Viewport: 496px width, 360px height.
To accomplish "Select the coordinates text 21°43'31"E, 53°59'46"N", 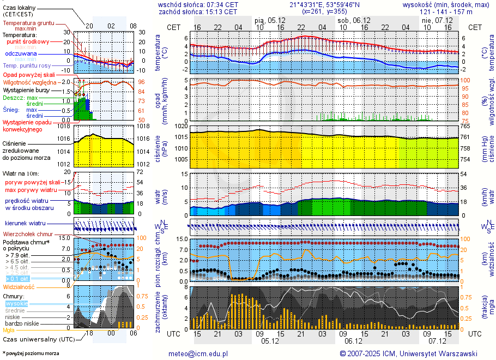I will (x=324, y=4).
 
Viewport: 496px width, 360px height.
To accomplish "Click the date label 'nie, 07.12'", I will (x=434, y=20).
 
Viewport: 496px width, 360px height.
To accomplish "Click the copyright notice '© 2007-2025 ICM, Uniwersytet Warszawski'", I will (x=408, y=353).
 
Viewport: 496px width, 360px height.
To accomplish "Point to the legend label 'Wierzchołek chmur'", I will (x=27, y=234).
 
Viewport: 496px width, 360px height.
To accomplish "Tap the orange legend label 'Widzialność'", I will (x=19, y=286).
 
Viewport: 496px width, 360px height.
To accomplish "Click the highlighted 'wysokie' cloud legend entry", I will (x=16, y=303).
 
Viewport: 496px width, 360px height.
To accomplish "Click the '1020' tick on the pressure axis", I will (x=181, y=127).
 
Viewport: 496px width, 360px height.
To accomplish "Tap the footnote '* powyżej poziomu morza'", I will (x=31, y=353).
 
